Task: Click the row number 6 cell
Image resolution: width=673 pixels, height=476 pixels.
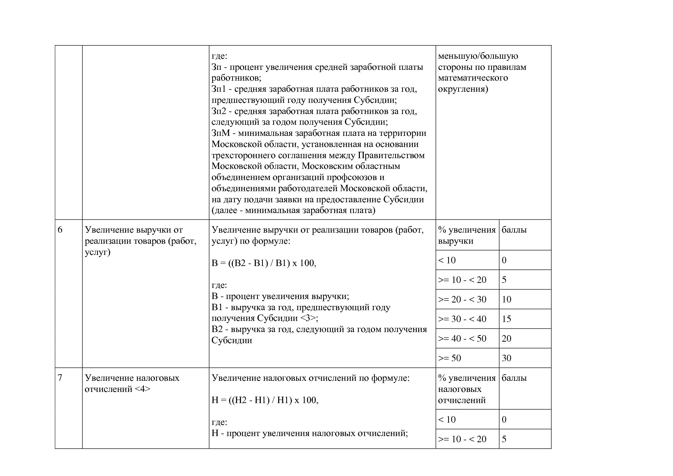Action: tap(60, 230)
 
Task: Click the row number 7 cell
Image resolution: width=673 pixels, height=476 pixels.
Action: tap(60, 378)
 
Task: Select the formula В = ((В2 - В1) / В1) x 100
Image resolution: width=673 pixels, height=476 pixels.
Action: tap(264, 263)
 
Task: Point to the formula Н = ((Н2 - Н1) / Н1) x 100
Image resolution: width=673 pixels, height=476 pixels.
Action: tap(265, 400)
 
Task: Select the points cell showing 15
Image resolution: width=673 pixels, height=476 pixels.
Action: tap(506, 319)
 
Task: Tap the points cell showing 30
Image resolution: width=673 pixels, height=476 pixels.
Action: tap(506, 358)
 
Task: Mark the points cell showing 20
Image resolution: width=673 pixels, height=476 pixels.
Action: tap(506, 339)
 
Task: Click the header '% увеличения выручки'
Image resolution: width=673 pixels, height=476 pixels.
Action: tap(467, 235)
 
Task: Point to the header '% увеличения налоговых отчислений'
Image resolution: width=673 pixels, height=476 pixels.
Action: tap(467, 389)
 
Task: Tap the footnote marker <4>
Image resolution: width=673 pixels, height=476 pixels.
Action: tap(142, 389)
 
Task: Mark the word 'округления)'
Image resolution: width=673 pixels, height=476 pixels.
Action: tap(463, 89)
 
